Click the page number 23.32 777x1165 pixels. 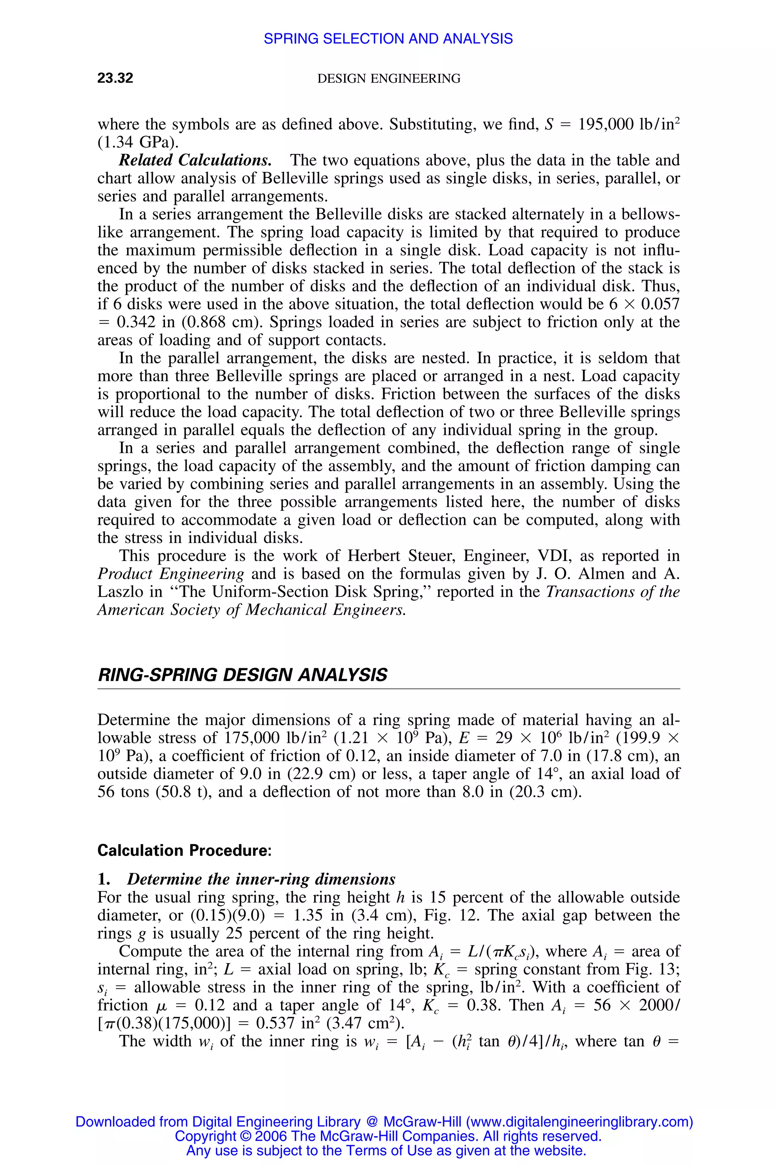point(115,78)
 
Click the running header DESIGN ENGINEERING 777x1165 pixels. point(388,79)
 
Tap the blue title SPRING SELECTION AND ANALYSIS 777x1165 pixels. point(388,39)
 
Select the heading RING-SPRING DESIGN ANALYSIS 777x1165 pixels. point(242,675)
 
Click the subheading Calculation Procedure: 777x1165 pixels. point(184,851)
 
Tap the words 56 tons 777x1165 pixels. point(123,792)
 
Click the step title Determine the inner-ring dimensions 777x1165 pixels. point(261,879)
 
